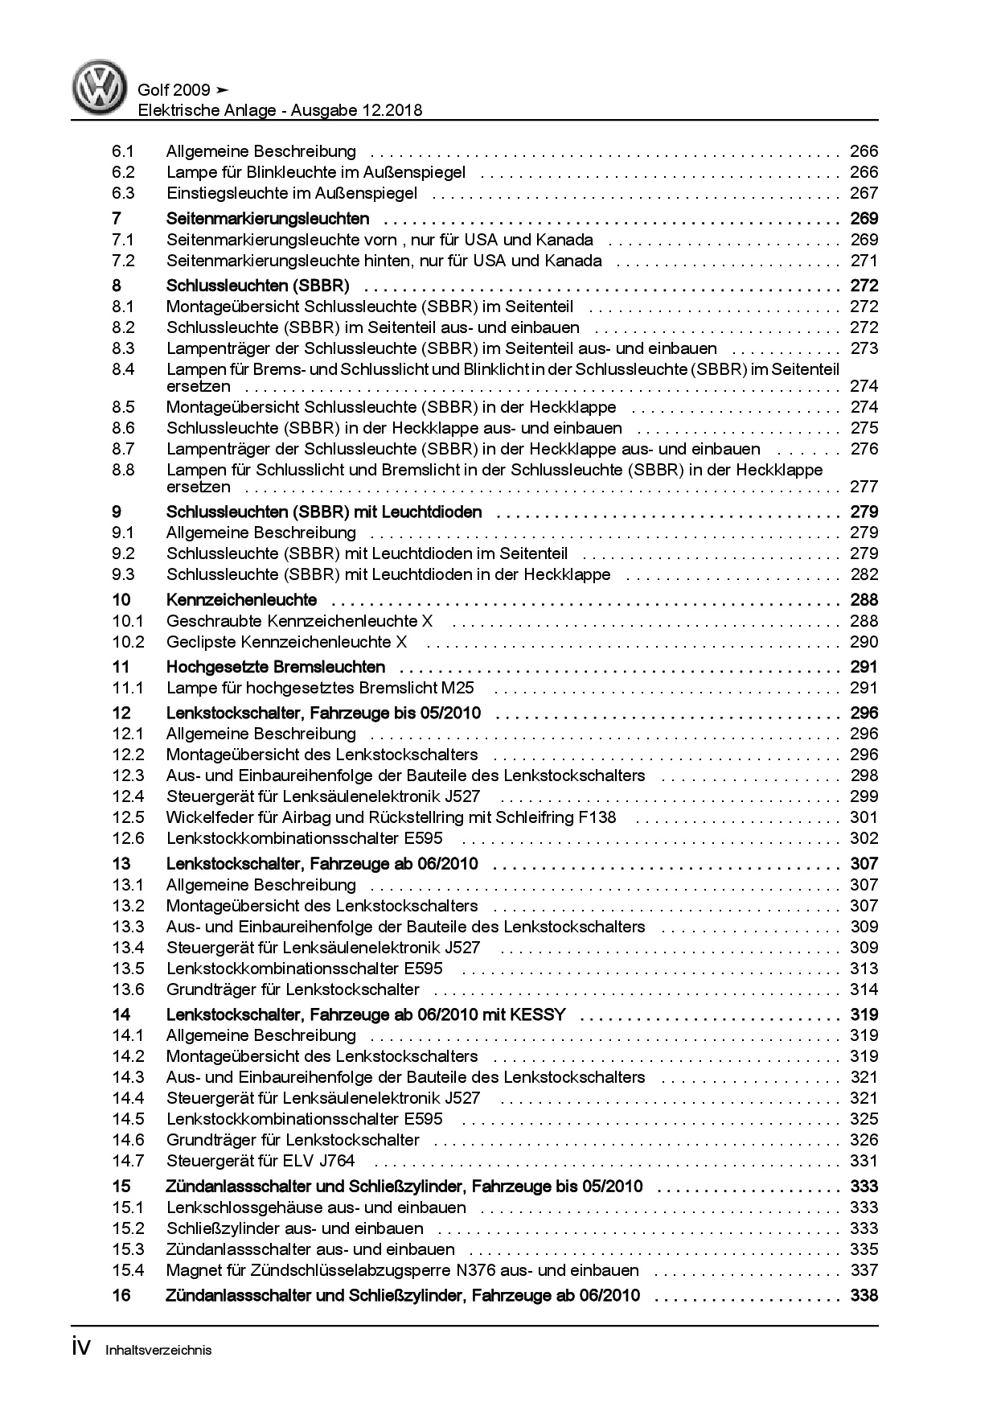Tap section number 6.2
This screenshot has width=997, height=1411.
point(123,172)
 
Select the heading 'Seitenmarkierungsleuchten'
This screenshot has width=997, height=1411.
point(268,219)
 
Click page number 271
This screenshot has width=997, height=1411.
point(864,261)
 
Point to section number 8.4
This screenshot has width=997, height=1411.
point(123,369)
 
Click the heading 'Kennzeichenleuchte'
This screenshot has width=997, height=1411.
point(241,600)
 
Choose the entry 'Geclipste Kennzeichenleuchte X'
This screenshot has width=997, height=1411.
point(286,642)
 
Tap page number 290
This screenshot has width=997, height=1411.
point(864,642)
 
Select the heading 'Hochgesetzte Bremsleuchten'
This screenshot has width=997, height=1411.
point(276,667)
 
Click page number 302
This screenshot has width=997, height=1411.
point(864,838)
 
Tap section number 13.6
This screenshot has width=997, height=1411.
point(128,989)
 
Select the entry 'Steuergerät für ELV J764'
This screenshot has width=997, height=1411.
point(260,1161)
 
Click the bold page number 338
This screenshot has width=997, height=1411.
point(864,1295)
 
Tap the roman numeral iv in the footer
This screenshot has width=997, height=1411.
point(82,1347)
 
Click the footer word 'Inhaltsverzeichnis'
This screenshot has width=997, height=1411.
point(158,1350)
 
